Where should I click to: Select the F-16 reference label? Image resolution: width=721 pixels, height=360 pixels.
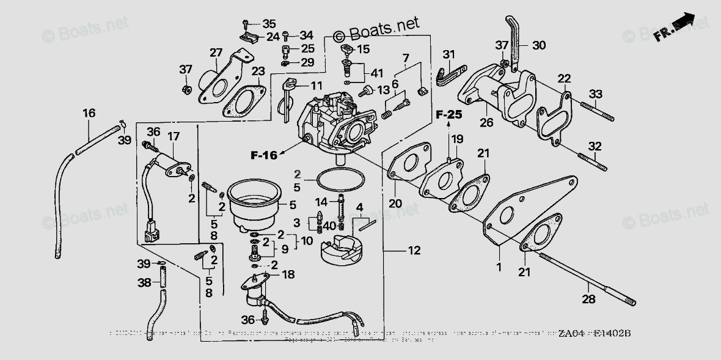tap(263, 155)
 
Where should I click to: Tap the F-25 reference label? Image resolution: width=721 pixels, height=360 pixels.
tap(449, 114)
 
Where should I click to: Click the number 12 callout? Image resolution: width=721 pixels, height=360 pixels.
tap(415, 250)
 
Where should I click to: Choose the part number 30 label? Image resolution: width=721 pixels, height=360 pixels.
tap(538, 45)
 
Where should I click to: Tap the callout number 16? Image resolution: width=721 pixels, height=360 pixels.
tap(89, 113)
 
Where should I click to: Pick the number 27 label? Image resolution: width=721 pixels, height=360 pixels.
tap(216, 53)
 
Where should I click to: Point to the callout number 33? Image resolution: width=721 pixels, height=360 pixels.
tap(596, 94)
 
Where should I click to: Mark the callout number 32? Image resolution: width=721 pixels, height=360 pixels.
tap(595, 146)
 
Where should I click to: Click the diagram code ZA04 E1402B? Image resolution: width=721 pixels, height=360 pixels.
tap(594, 334)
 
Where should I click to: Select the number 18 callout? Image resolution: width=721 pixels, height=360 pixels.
tap(288, 274)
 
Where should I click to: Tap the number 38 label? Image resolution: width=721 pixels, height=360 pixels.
tap(144, 283)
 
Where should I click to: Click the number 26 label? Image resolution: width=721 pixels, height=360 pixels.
tap(486, 122)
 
